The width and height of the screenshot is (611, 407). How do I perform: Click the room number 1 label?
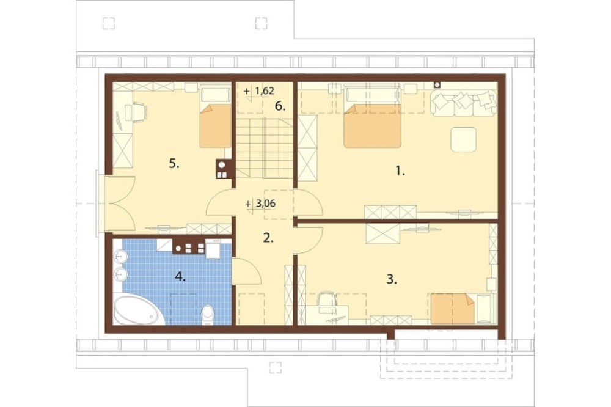pos(400,170)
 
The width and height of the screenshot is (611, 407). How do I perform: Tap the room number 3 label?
pos(392,279)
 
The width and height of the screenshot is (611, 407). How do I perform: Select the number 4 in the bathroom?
pos(180,277)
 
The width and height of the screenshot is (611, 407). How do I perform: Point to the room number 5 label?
pos(174,164)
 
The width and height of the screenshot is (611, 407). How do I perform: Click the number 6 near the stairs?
pos(280,106)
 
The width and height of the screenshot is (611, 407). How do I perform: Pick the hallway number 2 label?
pos(268,238)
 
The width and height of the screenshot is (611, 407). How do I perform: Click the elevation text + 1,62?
pos(259,91)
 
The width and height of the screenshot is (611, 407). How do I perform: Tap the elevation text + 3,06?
pos(261,203)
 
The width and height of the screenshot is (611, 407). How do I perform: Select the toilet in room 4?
pos(208,315)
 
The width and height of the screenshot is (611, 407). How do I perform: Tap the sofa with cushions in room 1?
pos(464,103)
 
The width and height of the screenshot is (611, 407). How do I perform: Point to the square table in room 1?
pos(463,139)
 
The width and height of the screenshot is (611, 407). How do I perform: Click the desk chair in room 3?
pos(327,301)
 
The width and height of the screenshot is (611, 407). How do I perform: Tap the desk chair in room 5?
pos(139,111)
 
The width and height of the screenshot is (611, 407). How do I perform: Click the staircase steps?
pos(265,147)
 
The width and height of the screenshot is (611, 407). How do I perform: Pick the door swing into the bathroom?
pos(247,271)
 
